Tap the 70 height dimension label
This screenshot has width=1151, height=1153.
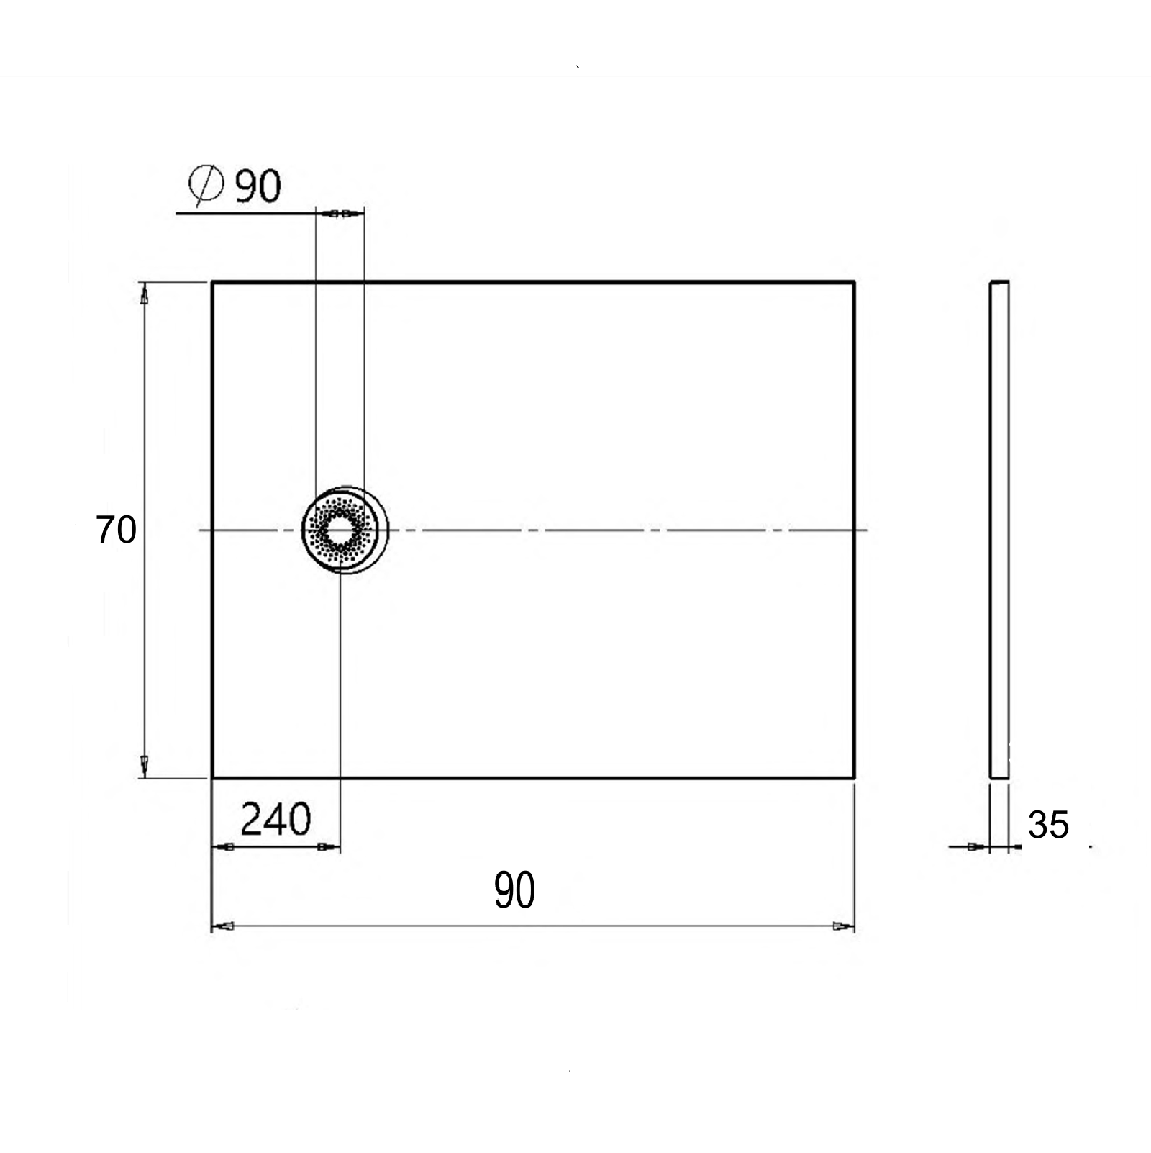(116, 530)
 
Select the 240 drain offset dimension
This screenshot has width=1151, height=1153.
(276, 819)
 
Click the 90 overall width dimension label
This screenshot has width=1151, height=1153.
(514, 890)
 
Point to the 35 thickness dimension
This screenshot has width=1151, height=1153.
(1048, 825)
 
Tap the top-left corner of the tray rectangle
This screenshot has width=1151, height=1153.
(212, 282)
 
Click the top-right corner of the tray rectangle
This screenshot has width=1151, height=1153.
(854, 282)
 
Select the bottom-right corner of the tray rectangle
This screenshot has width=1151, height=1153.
(854, 777)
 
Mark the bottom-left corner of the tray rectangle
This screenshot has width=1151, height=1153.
(212, 777)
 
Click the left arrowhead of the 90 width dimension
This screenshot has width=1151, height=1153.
(224, 926)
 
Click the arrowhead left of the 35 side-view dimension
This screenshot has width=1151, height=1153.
(975, 846)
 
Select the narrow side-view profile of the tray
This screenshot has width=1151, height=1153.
(999, 530)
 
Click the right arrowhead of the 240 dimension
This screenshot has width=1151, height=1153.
(327, 846)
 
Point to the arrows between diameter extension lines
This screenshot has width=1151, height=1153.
(340, 214)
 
